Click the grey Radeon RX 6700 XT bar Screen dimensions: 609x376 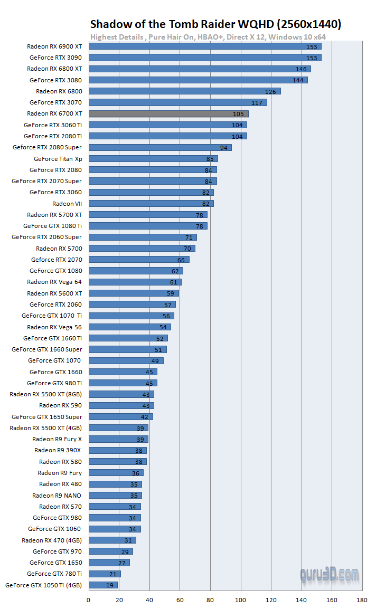(168, 113)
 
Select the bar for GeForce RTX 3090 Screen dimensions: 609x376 (205, 58)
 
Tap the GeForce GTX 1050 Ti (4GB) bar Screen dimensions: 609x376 (103, 585)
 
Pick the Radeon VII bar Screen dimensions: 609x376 (151, 203)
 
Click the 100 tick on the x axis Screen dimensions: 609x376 (241, 600)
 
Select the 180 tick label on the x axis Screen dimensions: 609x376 (362, 600)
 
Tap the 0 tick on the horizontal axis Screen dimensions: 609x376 (89, 600)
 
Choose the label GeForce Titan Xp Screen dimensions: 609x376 (58, 158)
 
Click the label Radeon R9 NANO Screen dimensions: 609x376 (57, 495)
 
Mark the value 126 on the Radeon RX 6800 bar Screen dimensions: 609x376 (270, 91)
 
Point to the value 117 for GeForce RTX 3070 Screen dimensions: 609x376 (257, 102)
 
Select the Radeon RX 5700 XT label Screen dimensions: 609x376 (54, 214)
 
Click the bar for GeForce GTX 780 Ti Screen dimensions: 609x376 (105, 574)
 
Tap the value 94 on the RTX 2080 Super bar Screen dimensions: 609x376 (223, 147)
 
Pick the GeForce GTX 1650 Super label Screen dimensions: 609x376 (46, 417)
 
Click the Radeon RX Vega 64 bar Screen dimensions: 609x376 (135, 282)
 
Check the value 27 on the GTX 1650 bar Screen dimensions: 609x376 (122, 563)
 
